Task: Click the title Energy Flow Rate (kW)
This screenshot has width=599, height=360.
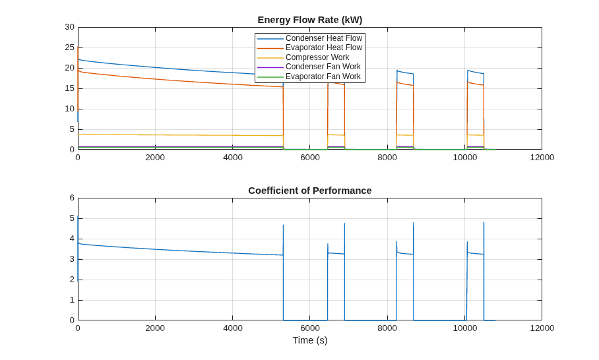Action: pos(310,20)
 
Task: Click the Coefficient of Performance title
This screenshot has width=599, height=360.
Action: pos(310,191)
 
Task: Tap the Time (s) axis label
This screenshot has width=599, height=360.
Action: pos(310,340)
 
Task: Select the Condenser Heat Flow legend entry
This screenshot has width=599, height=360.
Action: pos(310,38)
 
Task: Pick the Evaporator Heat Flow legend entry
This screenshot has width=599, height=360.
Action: pos(310,47)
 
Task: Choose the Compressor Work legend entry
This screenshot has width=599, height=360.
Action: pos(303,57)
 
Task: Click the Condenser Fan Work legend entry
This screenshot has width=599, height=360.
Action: pos(309,67)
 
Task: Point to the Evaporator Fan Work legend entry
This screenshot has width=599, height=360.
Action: pos(309,76)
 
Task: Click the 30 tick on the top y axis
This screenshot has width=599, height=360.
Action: pos(69,27)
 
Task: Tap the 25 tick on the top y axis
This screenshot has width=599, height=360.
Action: pos(69,47)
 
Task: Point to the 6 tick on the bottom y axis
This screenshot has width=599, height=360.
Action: pos(72,198)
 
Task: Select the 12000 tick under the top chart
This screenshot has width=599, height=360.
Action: pos(542,158)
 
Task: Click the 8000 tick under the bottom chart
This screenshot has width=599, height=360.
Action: pos(387,328)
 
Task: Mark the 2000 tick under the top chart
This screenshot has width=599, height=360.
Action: pos(155,158)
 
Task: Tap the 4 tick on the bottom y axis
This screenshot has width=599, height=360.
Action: pos(72,239)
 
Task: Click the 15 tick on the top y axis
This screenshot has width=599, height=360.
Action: pos(69,88)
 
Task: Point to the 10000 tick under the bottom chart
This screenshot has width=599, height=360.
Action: pos(465,328)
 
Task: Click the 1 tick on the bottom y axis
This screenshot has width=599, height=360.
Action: pos(72,300)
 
